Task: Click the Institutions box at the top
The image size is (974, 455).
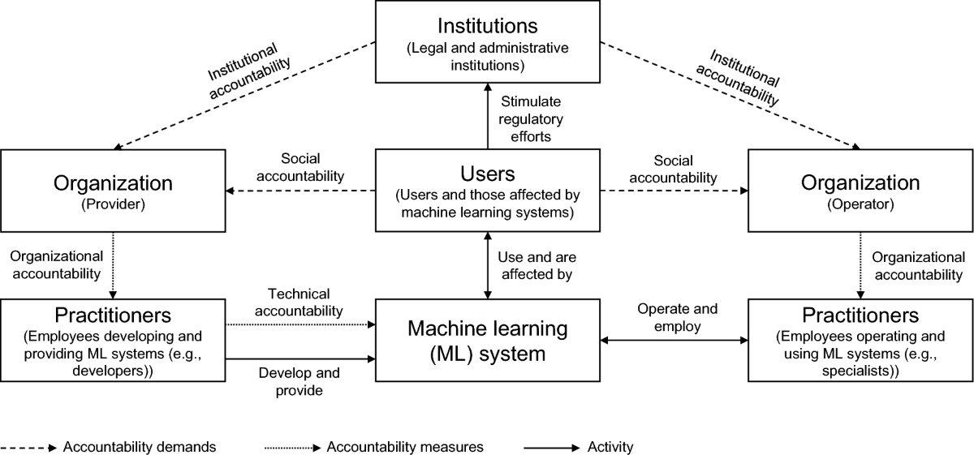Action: click(487, 41)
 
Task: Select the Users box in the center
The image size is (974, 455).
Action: click(487, 190)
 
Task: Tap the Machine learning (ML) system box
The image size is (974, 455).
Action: click(487, 340)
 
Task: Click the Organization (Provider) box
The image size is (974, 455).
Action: click(113, 190)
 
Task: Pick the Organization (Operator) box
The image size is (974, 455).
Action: click(860, 190)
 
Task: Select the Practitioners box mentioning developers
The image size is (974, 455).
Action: click(113, 340)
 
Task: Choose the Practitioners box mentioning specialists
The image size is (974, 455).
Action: click(860, 340)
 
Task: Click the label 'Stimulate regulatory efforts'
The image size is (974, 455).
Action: click(532, 119)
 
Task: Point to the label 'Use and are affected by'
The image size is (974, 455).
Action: click(535, 266)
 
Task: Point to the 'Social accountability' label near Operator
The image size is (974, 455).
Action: click(674, 169)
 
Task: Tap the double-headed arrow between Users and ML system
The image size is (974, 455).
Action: click(487, 264)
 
